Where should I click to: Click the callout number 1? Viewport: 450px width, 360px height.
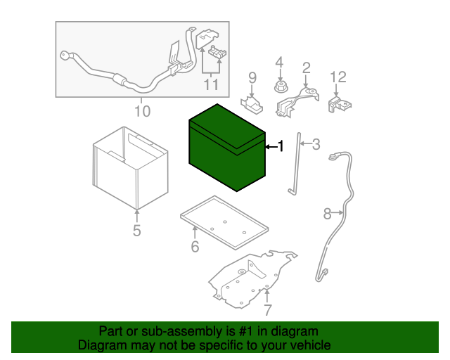tap(281, 146)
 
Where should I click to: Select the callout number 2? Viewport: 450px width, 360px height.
tap(306, 67)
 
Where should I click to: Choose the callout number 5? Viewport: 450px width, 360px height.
tap(136, 230)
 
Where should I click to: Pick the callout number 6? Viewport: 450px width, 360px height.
tap(195, 246)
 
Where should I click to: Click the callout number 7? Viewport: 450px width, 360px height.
tap(267, 310)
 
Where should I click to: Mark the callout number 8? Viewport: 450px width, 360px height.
tap(327, 212)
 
